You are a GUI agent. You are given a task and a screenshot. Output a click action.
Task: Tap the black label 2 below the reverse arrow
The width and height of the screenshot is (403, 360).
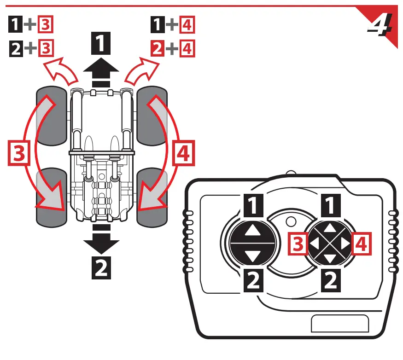tap(101, 267)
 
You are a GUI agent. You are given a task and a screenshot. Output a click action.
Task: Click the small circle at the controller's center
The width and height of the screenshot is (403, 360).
tap(290, 221)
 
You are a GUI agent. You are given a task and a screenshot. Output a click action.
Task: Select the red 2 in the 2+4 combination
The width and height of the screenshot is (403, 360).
tap(158, 47)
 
